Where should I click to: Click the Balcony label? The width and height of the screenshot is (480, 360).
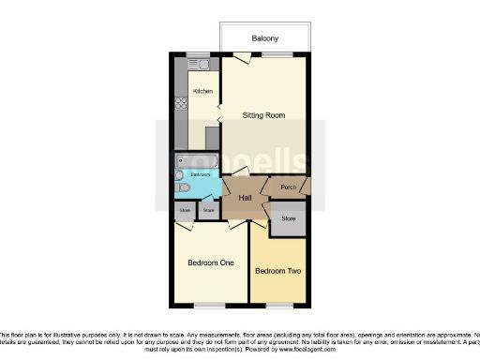263,38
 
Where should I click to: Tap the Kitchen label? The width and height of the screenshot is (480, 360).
202,91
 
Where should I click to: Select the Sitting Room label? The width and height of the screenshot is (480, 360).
263,115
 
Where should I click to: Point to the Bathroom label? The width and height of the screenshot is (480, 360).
201,174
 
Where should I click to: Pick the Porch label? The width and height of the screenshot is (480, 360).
288,187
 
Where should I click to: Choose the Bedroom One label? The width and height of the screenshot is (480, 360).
210,262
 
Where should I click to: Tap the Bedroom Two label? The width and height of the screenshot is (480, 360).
277,271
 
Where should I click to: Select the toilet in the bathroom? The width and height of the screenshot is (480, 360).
184,187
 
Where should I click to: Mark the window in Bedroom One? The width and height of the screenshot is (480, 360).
209,306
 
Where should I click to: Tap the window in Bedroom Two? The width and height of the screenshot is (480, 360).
277,306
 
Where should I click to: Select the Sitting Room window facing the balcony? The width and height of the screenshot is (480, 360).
277,53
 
